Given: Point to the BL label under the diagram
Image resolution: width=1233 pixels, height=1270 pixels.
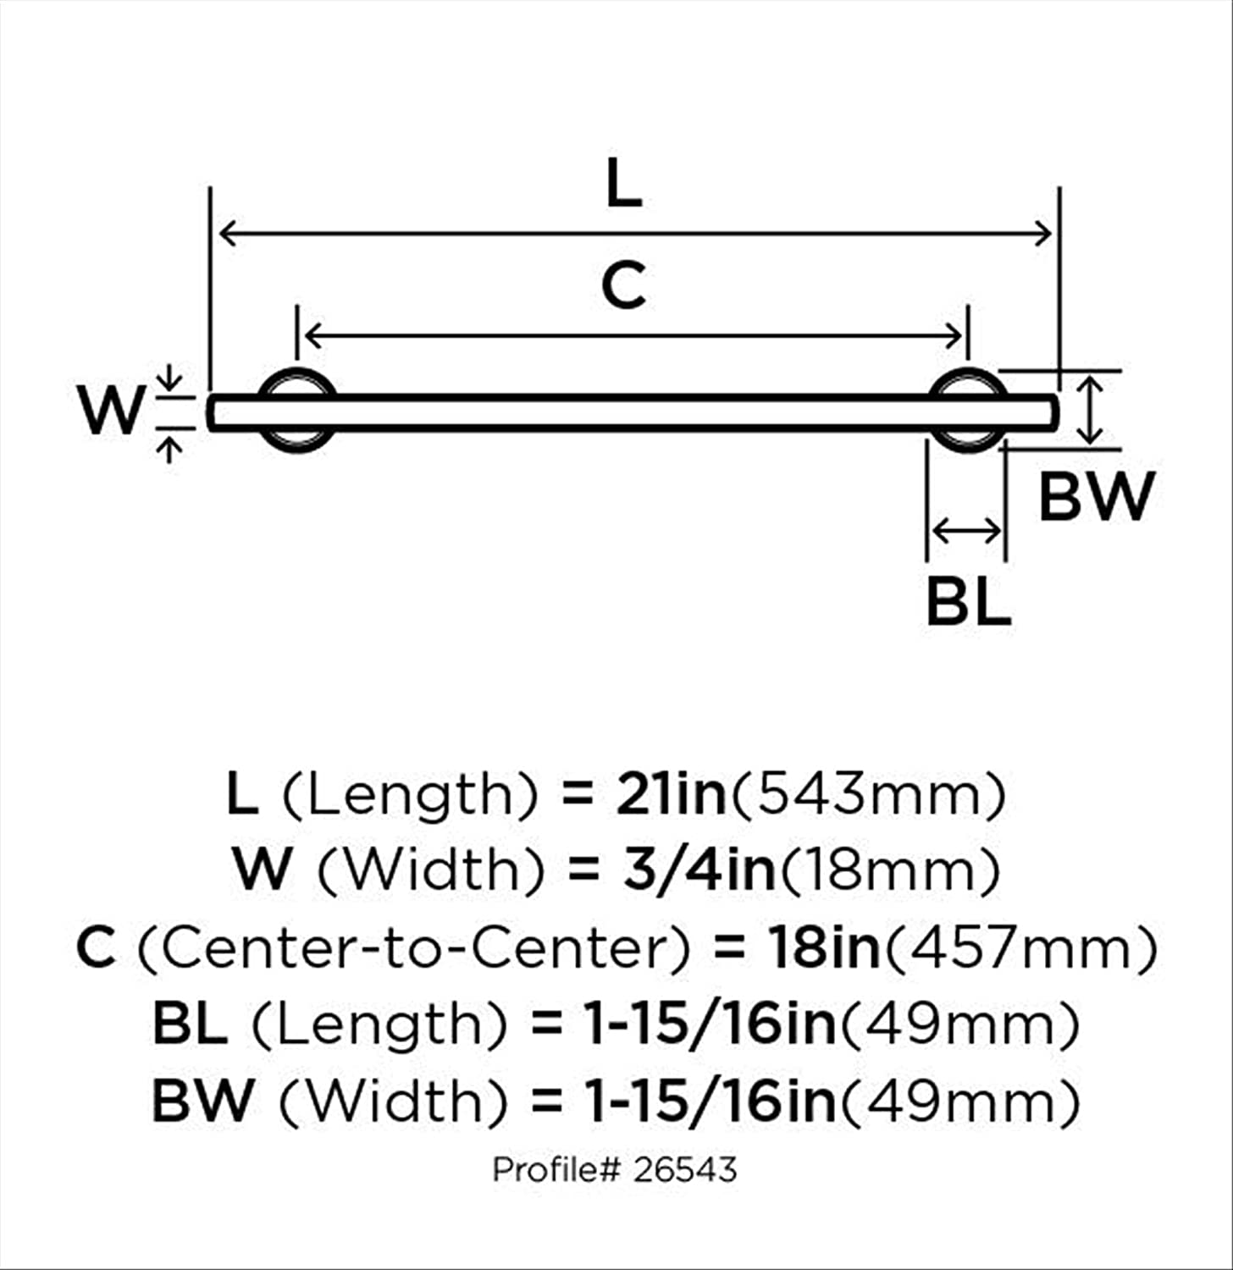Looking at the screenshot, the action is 968,600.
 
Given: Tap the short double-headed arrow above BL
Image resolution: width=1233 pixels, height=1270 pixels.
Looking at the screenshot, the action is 966,532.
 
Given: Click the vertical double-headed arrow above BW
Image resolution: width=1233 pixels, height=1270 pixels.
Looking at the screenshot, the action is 1092,411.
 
